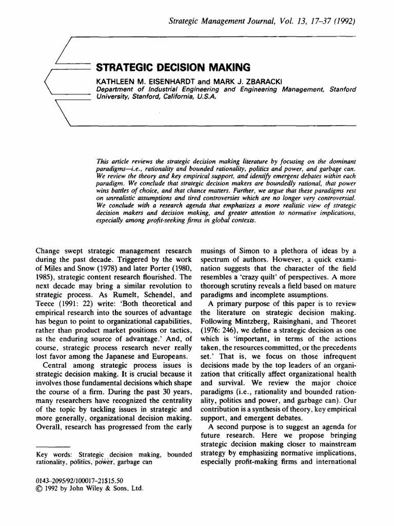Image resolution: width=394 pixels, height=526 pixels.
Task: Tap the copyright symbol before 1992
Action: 40,489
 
